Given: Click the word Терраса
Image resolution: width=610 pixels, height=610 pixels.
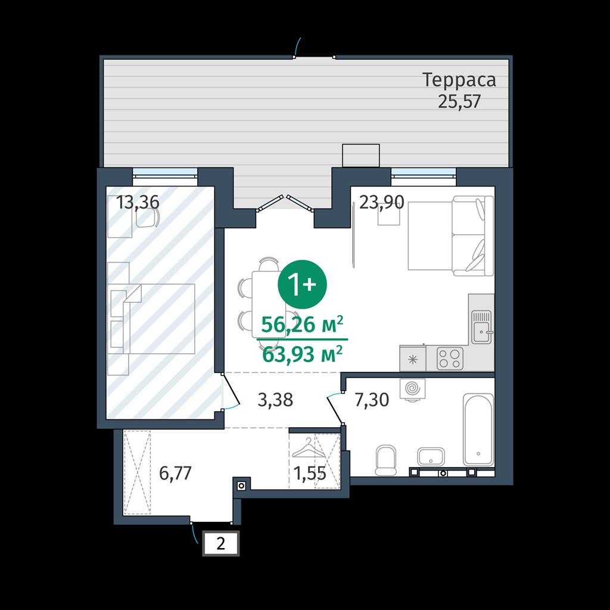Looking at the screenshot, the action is (459, 80).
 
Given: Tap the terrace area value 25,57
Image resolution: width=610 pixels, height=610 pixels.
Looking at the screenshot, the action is (459, 101).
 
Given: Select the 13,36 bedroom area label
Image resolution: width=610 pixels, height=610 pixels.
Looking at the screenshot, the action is (138, 203).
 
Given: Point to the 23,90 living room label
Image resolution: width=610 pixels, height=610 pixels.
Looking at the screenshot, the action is (382, 203).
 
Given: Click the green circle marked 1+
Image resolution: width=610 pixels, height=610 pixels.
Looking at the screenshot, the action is (302, 285).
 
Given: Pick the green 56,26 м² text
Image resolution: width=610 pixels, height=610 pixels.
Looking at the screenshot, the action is (302, 325).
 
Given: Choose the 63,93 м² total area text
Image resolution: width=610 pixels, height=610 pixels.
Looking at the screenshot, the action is (302, 354).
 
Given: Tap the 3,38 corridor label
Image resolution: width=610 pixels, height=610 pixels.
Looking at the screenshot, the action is (275, 400).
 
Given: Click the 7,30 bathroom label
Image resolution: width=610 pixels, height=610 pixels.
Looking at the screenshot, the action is (372, 400).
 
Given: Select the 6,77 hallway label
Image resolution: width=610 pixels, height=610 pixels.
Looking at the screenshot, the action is (176, 473).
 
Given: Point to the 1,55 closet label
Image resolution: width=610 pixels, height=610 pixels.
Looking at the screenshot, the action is (310, 473).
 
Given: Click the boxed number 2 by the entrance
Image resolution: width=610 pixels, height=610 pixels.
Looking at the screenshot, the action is (220, 543).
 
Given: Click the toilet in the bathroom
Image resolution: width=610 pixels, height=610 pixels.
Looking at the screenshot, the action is (386, 460).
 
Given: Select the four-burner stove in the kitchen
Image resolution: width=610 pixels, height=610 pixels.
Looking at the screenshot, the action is (450, 358).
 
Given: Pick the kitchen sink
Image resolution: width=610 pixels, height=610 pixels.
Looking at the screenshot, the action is (481, 327).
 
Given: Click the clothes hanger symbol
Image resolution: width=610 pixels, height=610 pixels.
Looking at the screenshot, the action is (308, 447).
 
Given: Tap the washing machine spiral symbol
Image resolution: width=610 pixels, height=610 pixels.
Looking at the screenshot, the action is (412, 388).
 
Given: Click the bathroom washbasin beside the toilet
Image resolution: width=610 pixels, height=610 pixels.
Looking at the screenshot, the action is (431, 456).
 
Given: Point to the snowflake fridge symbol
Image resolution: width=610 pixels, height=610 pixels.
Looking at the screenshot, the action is (412, 359).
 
